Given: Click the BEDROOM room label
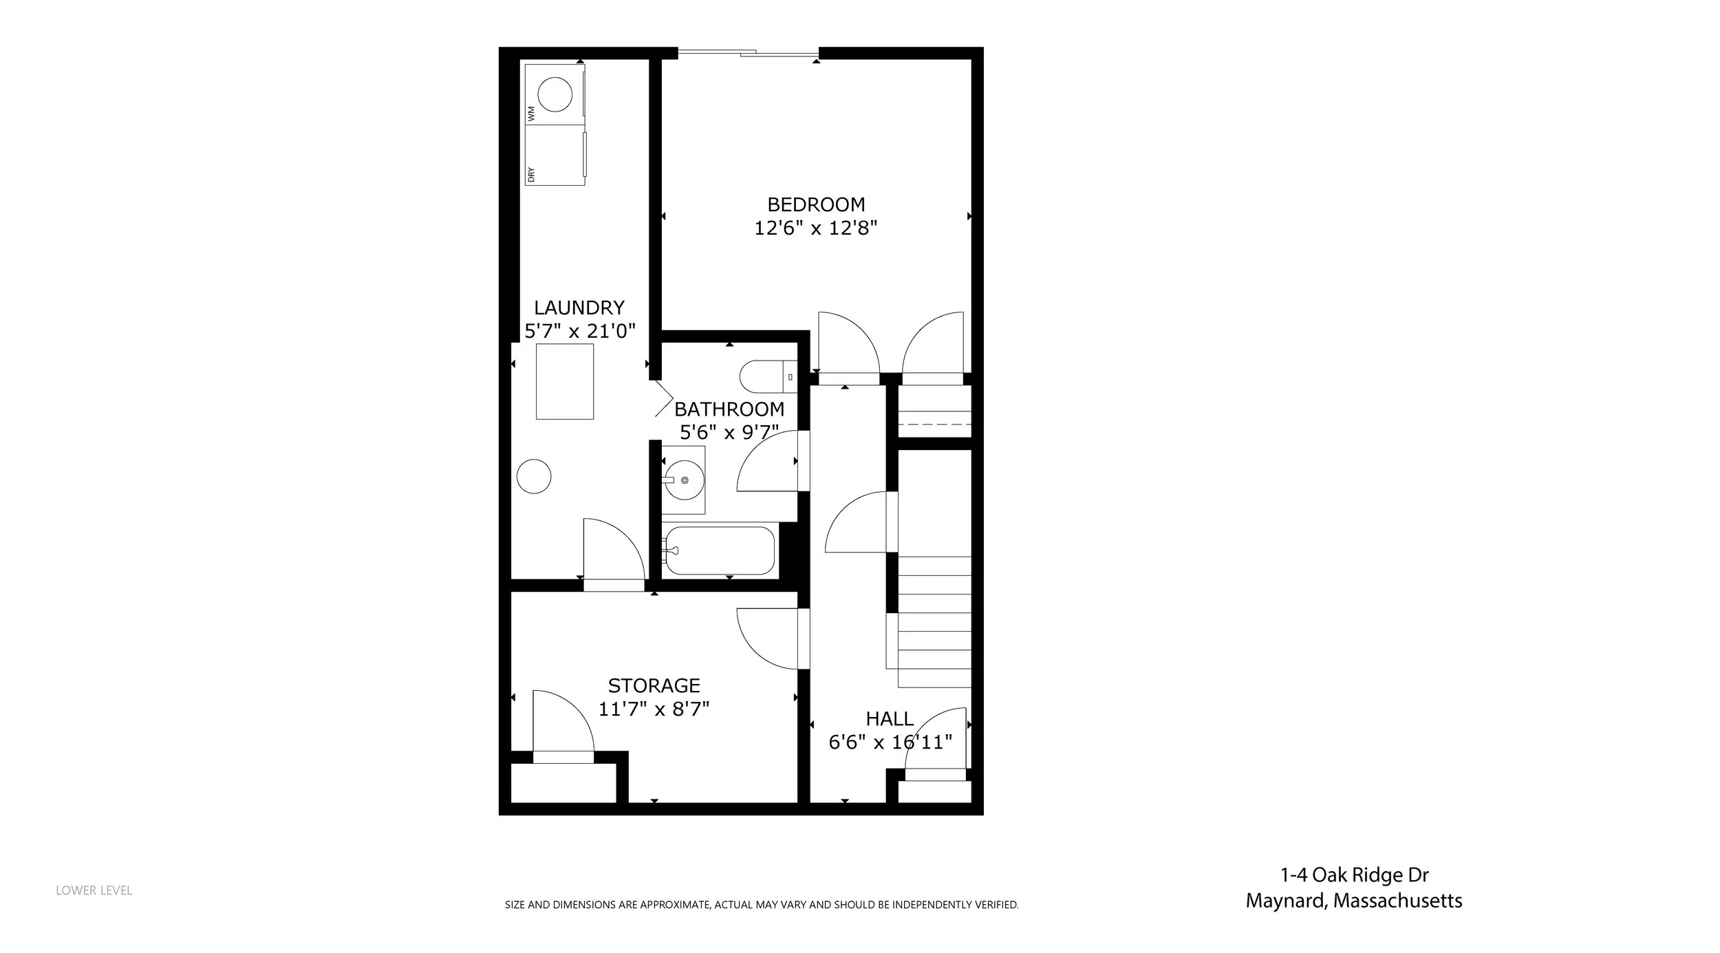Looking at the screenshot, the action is pyautogui.click(x=816, y=204).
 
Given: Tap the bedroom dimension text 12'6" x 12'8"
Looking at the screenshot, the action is pyautogui.click(x=816, y=228).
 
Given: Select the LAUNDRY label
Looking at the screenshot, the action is pyautogui.click(x=579, y=308).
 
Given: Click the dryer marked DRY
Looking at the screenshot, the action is pyautogui.click(x=555, y=155).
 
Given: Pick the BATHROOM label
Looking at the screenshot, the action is pyautogui.click(x=729, y=409).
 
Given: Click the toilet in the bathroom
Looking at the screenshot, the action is pyautogui.click(x=768, y=376).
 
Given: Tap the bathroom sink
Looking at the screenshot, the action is pyautogui.click(x=683, y=480).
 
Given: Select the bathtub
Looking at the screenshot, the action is pyautogui.click(x=718, y=550).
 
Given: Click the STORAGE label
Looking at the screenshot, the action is pyautogui.click(x=654, y=685).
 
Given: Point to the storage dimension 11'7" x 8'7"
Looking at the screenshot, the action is pyautogui.click(x=654, y=709).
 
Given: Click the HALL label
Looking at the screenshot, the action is pyautogui.click(x=890, y=719).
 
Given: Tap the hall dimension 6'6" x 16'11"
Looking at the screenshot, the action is pyautogui.click(x=890, y=742).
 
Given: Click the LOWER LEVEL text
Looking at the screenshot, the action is pyautogui.click(x=94, y=890).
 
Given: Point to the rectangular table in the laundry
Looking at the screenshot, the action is pyautogui.click(x=565, y=381).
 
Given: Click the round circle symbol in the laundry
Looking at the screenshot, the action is pyautogui.click(x=534, y=476).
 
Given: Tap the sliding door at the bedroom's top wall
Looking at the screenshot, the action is pyautogui.click(x=749, y=52).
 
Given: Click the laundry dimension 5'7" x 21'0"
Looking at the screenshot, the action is pyautogui.click(x=579, y=331).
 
